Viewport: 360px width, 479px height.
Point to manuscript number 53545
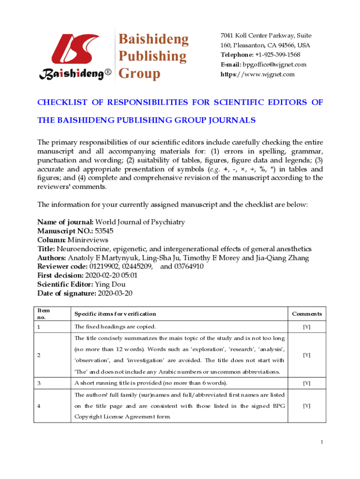(x=104, y=231)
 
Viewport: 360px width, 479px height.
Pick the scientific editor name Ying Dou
(x=110, y=284)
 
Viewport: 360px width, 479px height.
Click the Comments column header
(x=307, y=314)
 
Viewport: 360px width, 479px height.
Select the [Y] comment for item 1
(x=307, y=327)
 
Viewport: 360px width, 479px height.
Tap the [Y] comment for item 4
(x=307, y=406)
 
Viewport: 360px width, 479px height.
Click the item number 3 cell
(x=40, y=383)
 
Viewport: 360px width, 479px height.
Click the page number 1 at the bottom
(x=322, y=442)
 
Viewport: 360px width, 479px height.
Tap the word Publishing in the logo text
(x=152, y=56)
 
